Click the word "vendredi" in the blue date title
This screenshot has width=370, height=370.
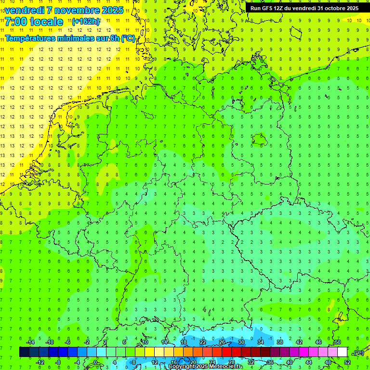25,10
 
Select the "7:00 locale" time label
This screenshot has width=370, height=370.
34,22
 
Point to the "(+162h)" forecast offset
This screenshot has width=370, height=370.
85,22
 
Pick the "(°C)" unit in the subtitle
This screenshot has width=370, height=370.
127,38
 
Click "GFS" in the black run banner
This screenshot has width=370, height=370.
268,8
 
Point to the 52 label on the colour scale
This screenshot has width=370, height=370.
347,362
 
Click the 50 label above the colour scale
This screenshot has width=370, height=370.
337,342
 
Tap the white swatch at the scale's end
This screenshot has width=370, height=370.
342,352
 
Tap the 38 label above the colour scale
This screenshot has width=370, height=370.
280,342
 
